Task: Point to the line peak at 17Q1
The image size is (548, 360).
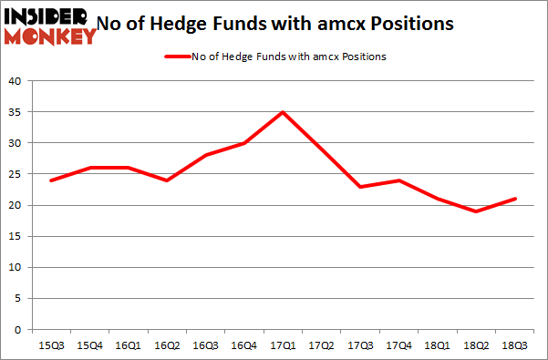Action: tap(284, 112)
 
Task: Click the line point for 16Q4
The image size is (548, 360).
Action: tap(245, 143)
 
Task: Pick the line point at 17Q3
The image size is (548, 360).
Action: tap(359, 187)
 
